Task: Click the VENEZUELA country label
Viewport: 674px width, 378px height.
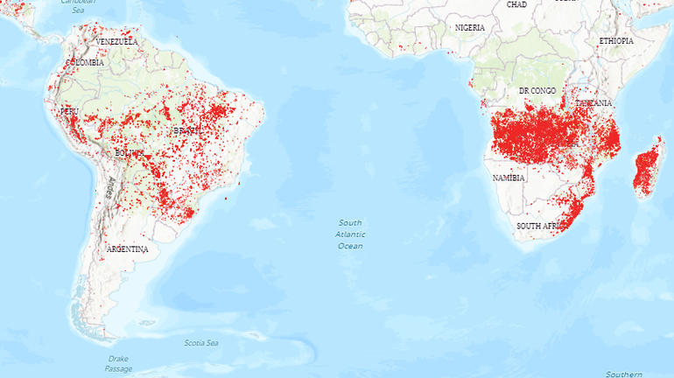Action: (117, 41)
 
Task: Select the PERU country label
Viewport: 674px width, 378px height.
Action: (69, 112)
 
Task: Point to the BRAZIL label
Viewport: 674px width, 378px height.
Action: (186, 131)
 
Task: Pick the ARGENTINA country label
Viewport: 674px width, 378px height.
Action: (127, 249)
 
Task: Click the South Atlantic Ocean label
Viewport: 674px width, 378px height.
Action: (350, 234)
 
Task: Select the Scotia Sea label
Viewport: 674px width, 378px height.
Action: (201, 342)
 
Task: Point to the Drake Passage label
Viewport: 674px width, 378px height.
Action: (118, 363)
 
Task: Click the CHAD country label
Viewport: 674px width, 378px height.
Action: (516, 4)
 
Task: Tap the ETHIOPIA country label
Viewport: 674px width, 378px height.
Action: (616, 41)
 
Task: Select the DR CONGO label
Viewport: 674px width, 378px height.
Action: (537, 91)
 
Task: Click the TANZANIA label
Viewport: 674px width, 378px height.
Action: (593, 102)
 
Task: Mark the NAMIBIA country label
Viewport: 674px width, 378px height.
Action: (509, 178)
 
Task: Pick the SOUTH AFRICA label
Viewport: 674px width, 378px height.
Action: (539, 226)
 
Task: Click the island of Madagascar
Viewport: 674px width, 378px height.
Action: (647, 170)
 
